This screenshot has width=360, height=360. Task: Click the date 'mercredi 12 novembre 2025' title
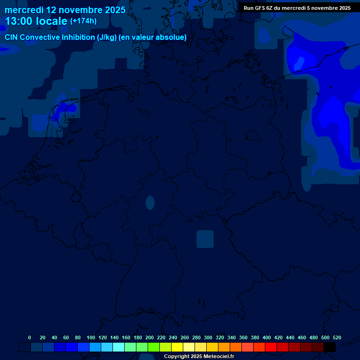click(65, 9)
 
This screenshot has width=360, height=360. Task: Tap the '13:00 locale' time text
click(37, 21)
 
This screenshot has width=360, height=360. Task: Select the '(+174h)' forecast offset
click(83, 21)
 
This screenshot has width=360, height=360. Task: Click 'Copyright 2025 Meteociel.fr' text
click(199, 357)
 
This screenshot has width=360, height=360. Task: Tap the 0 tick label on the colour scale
click(30, 337)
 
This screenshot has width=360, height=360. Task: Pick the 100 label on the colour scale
click(91, 337)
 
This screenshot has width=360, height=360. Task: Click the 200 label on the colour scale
click(150, 337)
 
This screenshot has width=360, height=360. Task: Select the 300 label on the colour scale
click(208, 337)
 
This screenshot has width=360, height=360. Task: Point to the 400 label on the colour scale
click(267, 337)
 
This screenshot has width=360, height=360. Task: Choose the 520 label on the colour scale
click(337, 337)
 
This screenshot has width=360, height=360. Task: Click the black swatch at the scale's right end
click(330, 347)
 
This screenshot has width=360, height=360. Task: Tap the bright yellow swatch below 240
click(177, 347)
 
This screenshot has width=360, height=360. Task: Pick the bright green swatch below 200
click(154, 347)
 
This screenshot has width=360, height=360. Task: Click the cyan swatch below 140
click(119, 347)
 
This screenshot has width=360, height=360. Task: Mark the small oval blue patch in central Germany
click(150, 202)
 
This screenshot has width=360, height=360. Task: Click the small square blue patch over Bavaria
click(205, 239)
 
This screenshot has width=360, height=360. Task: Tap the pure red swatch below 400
click(271, 347)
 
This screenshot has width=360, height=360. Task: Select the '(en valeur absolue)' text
click(153, 37)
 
